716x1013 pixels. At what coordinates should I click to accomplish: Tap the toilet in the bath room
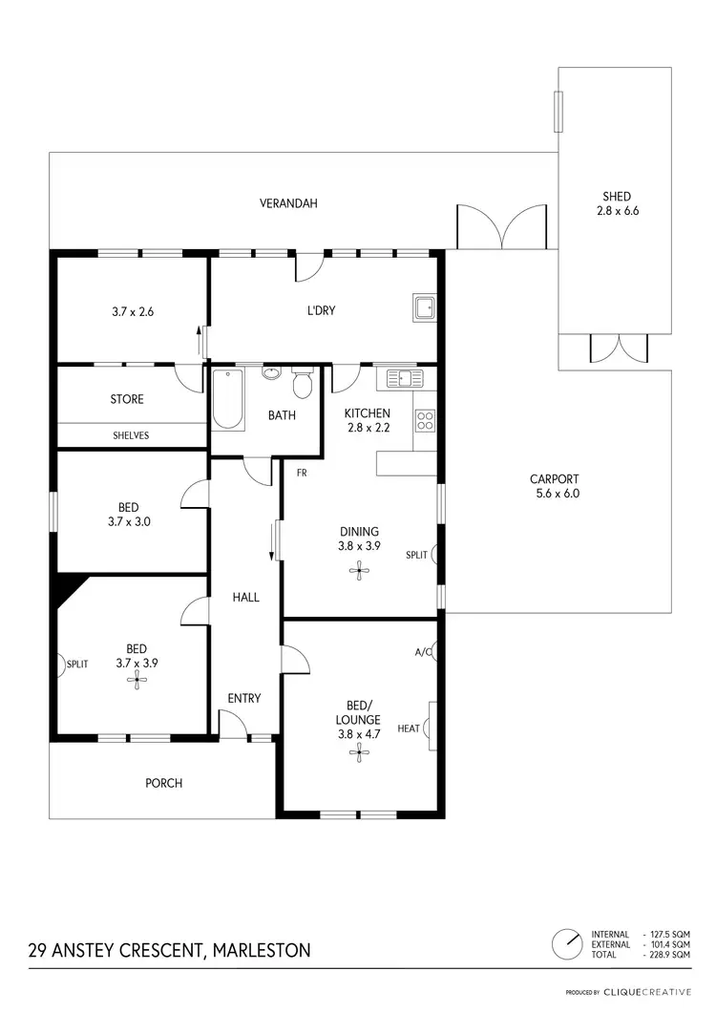(303, 383)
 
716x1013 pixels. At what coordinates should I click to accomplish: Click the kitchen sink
(399, 379)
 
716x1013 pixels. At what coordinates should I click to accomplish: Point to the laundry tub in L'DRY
(424, 308)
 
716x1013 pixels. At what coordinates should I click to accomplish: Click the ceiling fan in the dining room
(360, 571)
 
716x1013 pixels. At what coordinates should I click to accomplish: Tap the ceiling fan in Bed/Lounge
(359, 752)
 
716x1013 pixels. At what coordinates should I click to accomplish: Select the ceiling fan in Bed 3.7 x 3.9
(139, 680)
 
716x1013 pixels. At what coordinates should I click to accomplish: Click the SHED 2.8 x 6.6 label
(611, 203)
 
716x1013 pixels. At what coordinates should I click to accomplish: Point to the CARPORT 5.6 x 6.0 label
(555, 487)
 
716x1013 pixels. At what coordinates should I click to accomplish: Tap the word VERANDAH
(288, 203)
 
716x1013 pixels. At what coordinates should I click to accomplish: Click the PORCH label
(163, 783)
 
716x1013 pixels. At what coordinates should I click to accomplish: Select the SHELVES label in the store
(131, 435)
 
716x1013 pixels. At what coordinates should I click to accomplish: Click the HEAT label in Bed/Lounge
(409, 728)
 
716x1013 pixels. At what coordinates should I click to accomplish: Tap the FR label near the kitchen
(301, 473)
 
